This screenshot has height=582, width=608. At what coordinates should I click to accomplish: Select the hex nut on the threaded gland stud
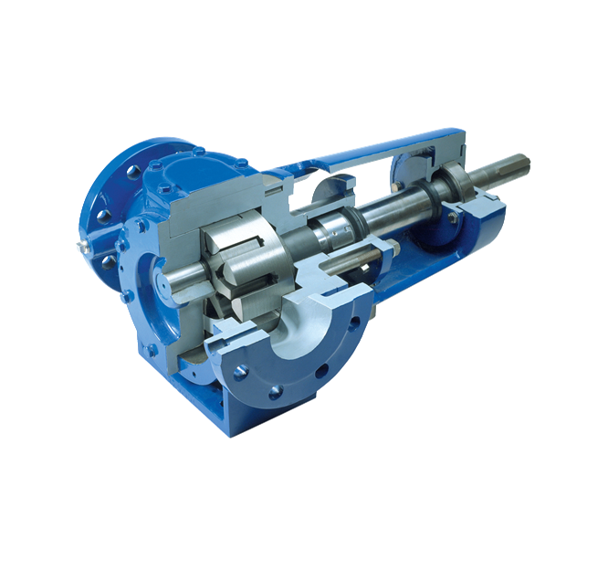(395, 248)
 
